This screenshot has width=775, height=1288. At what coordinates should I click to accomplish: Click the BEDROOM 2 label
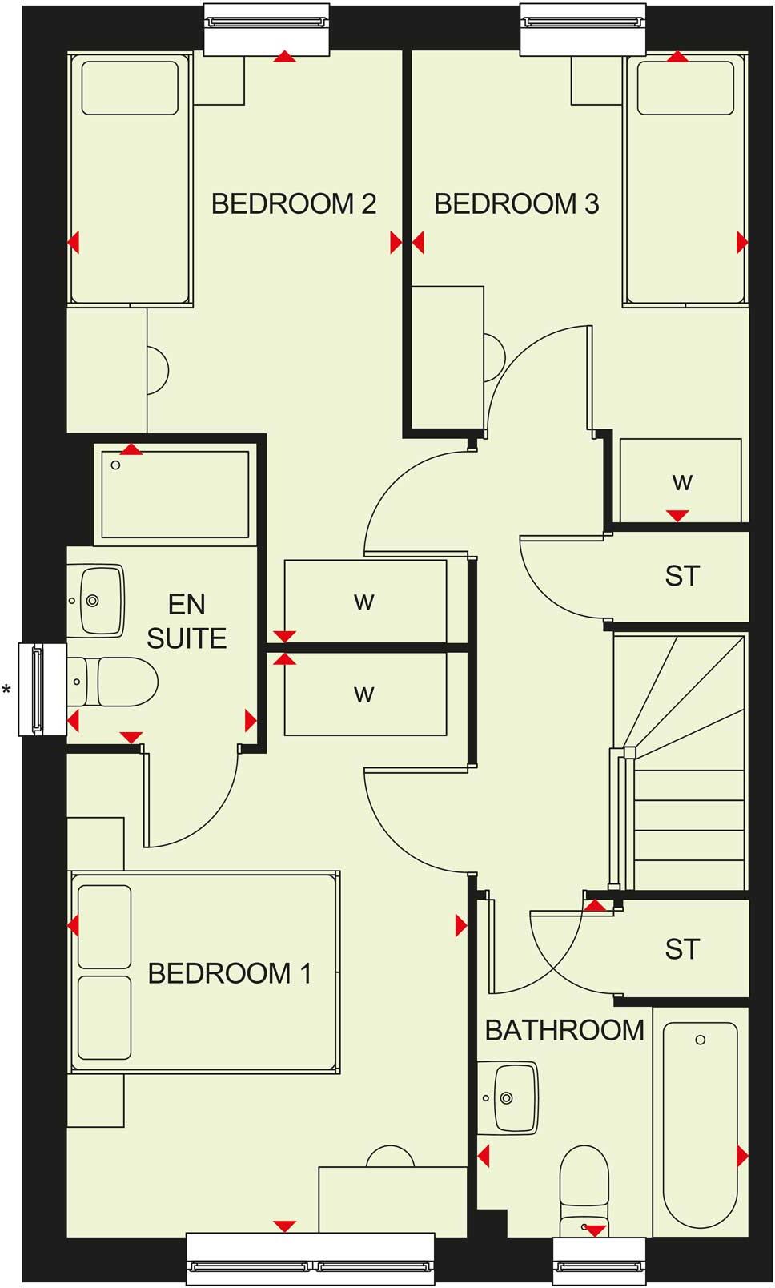click(x=293, y=203)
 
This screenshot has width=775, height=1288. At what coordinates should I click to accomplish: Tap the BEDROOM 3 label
click(x=516, y=203)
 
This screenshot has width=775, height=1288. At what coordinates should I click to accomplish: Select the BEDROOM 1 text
click(x=230, y=973)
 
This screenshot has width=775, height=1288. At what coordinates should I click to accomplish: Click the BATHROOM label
click(x=564, y=1030)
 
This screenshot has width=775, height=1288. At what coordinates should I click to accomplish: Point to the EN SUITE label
click(x=187, y=621)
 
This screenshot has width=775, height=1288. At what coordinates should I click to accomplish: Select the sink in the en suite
click(x=96, y=601)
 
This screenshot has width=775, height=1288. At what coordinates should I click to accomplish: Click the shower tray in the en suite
click(x=175, y=495)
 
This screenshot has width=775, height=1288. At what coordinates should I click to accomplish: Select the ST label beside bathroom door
click(x=682, y=949)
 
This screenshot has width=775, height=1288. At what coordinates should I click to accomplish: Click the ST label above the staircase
click(x=682, y=576)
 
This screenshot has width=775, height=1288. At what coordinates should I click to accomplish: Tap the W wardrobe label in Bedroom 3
click(x=681, y=482)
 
